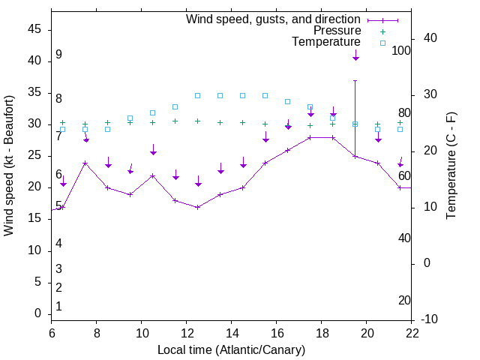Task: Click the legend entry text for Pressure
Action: (337, 31)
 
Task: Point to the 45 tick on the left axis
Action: (34, 29)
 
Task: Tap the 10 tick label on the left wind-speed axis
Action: (34, 250)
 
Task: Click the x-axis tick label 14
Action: (232, 333)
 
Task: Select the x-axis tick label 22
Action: (412, 333)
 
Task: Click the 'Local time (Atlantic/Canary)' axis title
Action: (231, 349)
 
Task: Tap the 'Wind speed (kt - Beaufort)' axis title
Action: (10, 165)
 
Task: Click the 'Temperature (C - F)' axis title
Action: (451, 165)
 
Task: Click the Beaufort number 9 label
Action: (58, 55)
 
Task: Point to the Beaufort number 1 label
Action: (58, 306)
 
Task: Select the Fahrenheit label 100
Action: (402, 50)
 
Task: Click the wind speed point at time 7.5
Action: (85, 163)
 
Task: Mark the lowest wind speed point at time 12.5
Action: (198, 207)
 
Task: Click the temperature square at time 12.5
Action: (198, 95)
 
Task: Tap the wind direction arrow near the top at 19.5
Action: (355, 54)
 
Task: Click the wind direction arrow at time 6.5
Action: (63, 181)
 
